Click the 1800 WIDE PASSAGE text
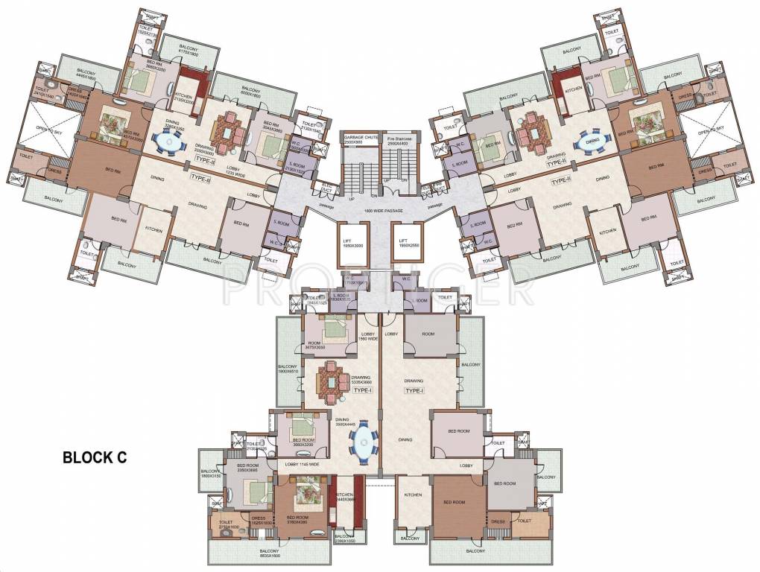(380, 211)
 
